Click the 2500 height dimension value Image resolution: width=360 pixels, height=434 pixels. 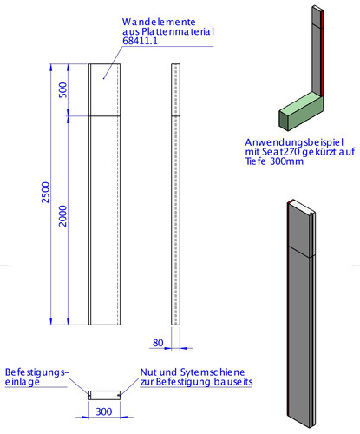[x=46, y=193]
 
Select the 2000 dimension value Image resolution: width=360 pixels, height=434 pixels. [x=62, y=216]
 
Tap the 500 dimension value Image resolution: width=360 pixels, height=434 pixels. [x=62, y=90]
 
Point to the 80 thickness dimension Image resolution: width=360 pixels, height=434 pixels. [x=158, y=343]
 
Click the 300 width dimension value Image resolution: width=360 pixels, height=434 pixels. [x=104, y=411]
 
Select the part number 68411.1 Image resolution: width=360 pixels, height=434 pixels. [x=141, y=41]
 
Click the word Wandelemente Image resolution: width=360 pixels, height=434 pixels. [x=159, y=22]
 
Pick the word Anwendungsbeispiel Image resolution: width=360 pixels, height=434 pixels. [x=294, y=142]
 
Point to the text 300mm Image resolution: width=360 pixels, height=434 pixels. [x=287, y=161]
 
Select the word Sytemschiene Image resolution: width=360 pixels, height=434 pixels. [x=213, y=372]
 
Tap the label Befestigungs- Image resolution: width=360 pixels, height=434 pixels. [x=37, y=372]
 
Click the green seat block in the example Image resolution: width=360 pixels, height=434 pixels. [x=301, y=110]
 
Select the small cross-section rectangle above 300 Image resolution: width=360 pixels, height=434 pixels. [x=104, y=395]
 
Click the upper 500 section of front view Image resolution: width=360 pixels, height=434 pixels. [x=104, y=89]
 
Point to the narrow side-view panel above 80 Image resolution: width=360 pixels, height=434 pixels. [x=175, y=194]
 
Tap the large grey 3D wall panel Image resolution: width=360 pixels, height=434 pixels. [x=301, y=314]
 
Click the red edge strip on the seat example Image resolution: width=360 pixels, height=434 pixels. [x=322, y=53]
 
